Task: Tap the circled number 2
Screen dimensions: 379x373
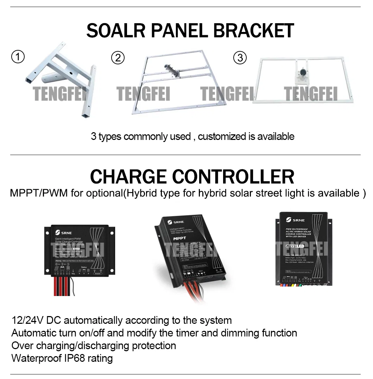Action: [x=118, y=57]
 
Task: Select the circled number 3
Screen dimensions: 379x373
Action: [x=240, y=57]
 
